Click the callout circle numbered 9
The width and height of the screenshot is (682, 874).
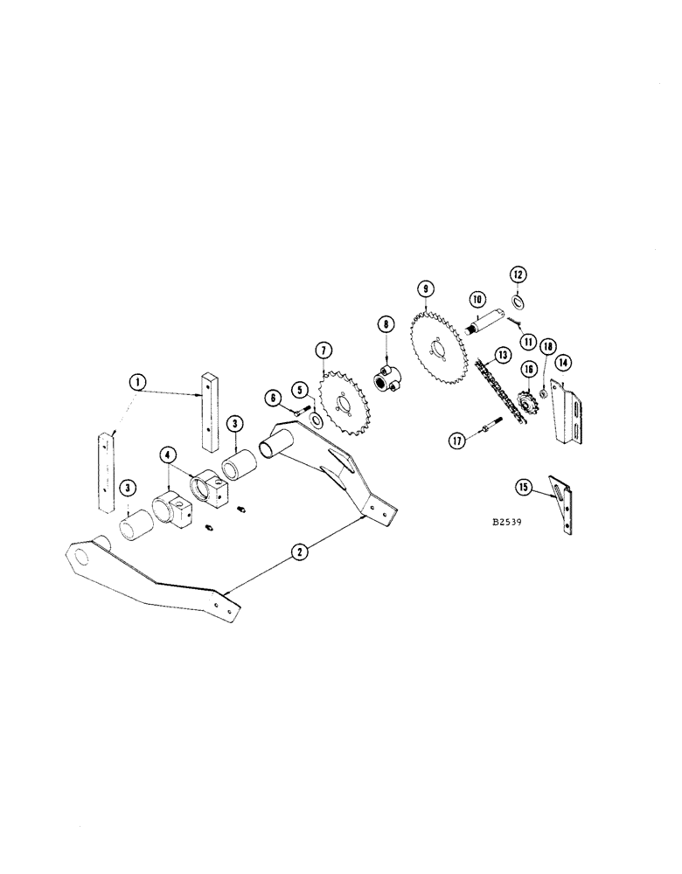[425, 288]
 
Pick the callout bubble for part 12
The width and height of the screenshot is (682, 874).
[518, 274]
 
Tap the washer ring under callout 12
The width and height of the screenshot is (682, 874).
[517, 302]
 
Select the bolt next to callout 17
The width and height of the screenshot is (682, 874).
[486, 432]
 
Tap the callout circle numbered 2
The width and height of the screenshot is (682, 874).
[299, 551]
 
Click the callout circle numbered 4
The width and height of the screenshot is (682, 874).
[167, 454]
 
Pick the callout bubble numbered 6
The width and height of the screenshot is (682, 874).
[274, 398]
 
